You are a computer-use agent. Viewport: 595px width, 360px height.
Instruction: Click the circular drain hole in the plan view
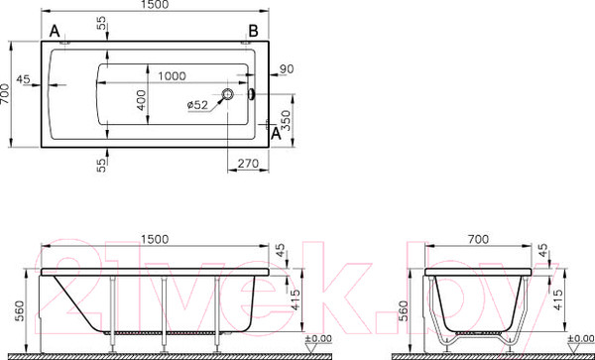(x=229, y=95)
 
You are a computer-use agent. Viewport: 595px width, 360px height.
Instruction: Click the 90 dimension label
(x=288, y=68)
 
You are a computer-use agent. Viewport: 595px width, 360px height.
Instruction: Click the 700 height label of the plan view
(x=7, y=94)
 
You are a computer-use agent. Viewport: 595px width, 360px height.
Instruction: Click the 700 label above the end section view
(x=479, y=239)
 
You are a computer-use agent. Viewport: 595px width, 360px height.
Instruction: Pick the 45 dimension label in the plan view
(x=24, y=79)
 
